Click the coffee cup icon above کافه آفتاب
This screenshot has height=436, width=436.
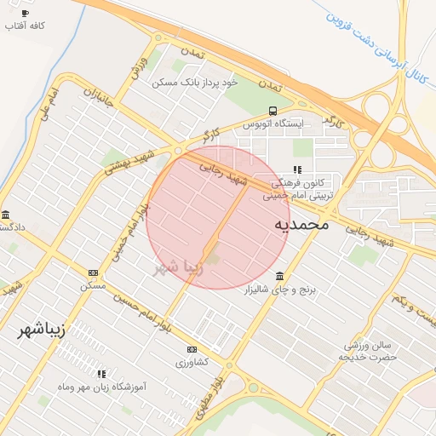pyautogui.click(x=24, y=14)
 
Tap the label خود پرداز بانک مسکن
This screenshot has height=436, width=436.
pyautogui.click(x=195, y=83)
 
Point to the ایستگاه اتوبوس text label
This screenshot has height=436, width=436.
pyautogui.click(x=273, y=124)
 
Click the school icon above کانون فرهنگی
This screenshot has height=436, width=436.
pyautogui.click(x=297, y=169)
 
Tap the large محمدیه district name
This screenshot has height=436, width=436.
pyautogui.click(x=301, y=225)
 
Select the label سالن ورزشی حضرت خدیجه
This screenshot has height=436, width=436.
pyautogui.click(x=371, y=350)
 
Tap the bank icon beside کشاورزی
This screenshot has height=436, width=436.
pyautogui.click(x=192, y=349)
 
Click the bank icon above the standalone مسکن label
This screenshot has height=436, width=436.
pyautogui.click(x=93, y=272)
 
